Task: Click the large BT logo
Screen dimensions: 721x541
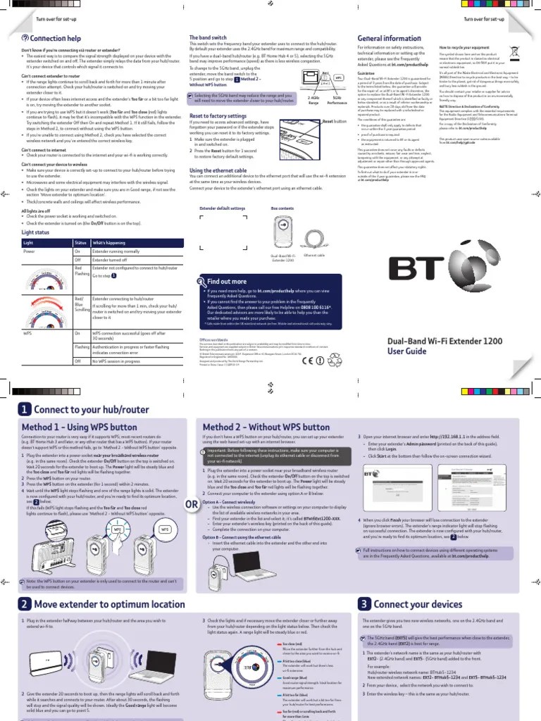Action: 426,268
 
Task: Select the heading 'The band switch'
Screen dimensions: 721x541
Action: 209,37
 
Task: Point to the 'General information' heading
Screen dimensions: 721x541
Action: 390,38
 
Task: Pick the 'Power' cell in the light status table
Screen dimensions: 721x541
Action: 30,251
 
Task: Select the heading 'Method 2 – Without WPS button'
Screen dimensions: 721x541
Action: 256,427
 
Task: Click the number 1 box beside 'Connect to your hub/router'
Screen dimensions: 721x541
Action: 25,410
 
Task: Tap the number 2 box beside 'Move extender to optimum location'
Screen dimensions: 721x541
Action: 25,604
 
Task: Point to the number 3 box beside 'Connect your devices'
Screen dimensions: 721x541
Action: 364,604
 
